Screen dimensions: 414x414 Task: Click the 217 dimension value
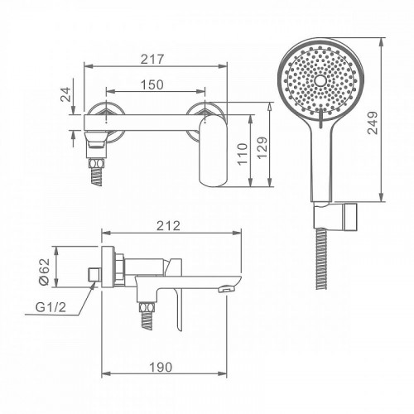152,59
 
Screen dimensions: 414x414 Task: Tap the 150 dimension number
152,84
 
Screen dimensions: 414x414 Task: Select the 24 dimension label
65,94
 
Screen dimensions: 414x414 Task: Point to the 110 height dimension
243,154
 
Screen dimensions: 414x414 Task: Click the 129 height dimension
262,147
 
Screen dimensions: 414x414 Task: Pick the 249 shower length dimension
373,123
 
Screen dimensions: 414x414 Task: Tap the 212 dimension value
168,226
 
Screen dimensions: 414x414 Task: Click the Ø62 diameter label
45,272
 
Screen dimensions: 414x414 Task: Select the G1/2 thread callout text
51,307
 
